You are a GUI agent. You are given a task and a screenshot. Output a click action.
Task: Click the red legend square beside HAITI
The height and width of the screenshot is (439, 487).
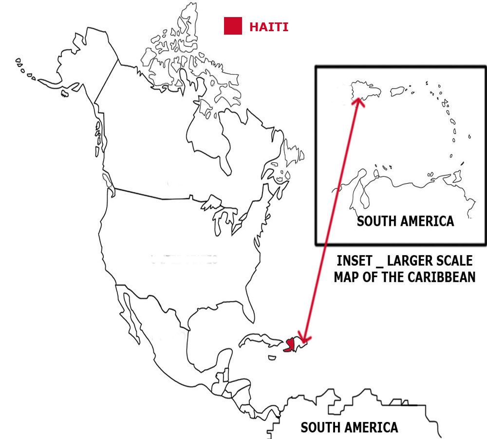(233, 26)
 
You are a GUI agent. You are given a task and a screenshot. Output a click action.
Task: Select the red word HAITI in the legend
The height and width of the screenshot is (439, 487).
(268, 27)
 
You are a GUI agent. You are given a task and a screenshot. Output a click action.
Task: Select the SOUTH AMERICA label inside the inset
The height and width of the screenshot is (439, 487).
(405, 221)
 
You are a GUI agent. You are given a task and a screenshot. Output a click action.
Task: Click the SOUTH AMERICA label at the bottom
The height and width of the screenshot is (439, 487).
(349, 428)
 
